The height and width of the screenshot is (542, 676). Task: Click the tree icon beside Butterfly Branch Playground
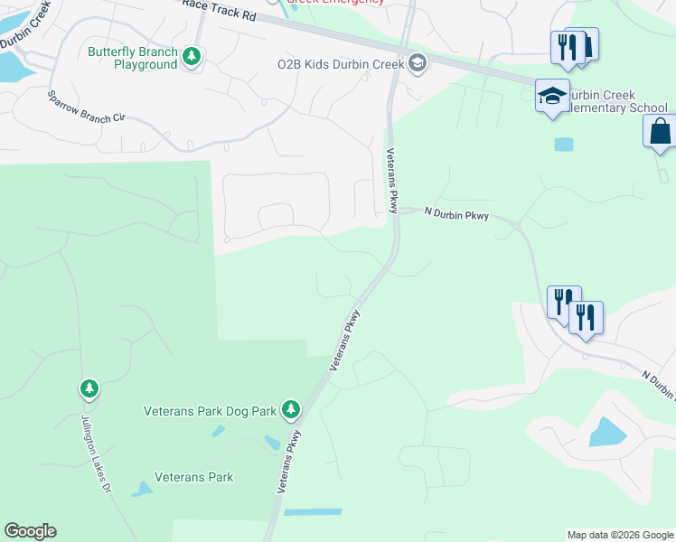point(192,58)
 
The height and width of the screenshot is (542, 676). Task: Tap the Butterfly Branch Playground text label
point(132,58)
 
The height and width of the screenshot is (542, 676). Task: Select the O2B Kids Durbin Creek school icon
point(417,63)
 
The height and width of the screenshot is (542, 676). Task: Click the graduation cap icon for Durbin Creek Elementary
point(551,96)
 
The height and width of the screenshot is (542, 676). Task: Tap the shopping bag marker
point(661,132)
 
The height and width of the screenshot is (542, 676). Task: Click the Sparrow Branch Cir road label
point(86,106)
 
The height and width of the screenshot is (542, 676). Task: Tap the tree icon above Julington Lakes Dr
point(89,389)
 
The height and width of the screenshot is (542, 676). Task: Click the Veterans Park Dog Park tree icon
point(290,410)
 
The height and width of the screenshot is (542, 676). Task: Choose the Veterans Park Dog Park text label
point(210,411)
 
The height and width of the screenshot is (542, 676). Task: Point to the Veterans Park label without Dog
point(193,477)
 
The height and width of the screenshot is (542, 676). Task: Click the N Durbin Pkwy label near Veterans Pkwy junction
point(456,214)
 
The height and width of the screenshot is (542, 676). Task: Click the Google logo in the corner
point(30,531)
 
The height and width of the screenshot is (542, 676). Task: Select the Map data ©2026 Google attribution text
point(620,535)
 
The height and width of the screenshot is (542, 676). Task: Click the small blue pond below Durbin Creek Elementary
point(563,144)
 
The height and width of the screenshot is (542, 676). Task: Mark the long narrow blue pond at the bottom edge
point(313,512)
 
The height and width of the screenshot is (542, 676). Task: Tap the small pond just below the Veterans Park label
point(141,490)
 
